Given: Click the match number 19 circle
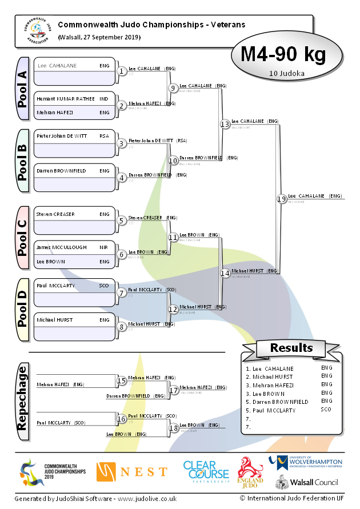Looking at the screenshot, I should (x=281, y=199).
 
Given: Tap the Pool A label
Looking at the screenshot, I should (x=22, y=88).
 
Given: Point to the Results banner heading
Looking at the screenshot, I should (x=291, y=348).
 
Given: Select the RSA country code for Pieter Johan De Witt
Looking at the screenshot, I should (x=104, y=137).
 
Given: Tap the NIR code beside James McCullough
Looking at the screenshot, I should (x=104, y=247).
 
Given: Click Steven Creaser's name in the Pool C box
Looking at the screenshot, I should (x=55, y=214).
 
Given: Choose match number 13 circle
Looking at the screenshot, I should (x=225, y=124).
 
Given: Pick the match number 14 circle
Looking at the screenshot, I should (x=225, y=273).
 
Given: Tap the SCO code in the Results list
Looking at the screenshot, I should (x=326, y=410).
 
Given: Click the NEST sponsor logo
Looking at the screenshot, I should (x=132, y=472).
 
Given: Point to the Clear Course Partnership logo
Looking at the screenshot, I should (x=206, y=472).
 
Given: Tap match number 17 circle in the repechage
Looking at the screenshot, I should (x=174, y=390).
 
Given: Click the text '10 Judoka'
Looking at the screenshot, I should (x=286, y=73).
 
